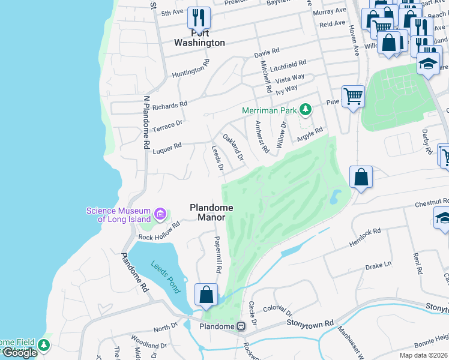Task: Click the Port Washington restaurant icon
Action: click(x=197, y=17)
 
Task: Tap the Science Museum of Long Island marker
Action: click(x=160, y=214)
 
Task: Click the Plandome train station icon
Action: click(x=241, y=326)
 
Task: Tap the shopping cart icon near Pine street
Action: click(x=353, y=95)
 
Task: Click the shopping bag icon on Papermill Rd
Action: click(x=206, y=295)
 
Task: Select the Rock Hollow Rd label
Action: click(x=159, y=232)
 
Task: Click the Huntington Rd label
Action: click(x=190, y=68)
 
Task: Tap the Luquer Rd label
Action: click(x=167, y=148)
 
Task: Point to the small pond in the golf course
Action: click(x=335, y=196)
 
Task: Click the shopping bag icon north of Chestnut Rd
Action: click(x=361, y=177)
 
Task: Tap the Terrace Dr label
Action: click(x=167, y=124)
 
